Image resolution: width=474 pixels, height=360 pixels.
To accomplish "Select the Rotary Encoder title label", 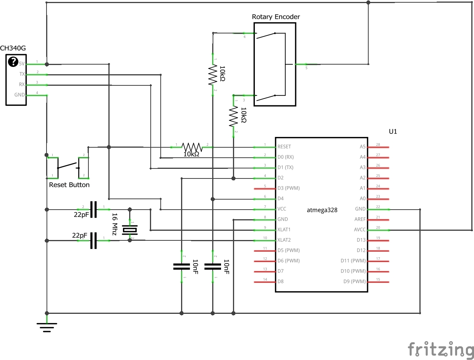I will [276, 17].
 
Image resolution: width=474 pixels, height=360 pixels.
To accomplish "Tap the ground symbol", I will [47, 327].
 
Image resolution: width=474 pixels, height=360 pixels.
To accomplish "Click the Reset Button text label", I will [69, 185].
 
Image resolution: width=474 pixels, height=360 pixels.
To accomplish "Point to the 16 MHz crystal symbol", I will [129, 230].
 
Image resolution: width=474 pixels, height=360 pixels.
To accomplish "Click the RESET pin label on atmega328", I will [284, 147].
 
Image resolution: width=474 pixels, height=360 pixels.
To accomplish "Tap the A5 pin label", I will [363, 147].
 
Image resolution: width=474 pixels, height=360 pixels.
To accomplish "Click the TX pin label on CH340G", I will [22, 74].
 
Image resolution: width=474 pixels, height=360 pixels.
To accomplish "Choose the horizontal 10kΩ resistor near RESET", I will [191, 147].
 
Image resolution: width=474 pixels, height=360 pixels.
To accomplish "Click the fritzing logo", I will [441, 349].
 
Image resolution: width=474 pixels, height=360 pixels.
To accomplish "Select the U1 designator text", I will [393, 132].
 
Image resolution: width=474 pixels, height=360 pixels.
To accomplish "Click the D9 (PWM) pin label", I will [354, 282].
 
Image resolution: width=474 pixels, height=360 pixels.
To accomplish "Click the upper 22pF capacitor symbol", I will [93, 209].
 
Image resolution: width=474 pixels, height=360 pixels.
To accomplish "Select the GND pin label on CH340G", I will [20, 95].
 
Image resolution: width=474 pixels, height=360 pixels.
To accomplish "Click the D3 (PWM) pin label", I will [288, 188].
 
